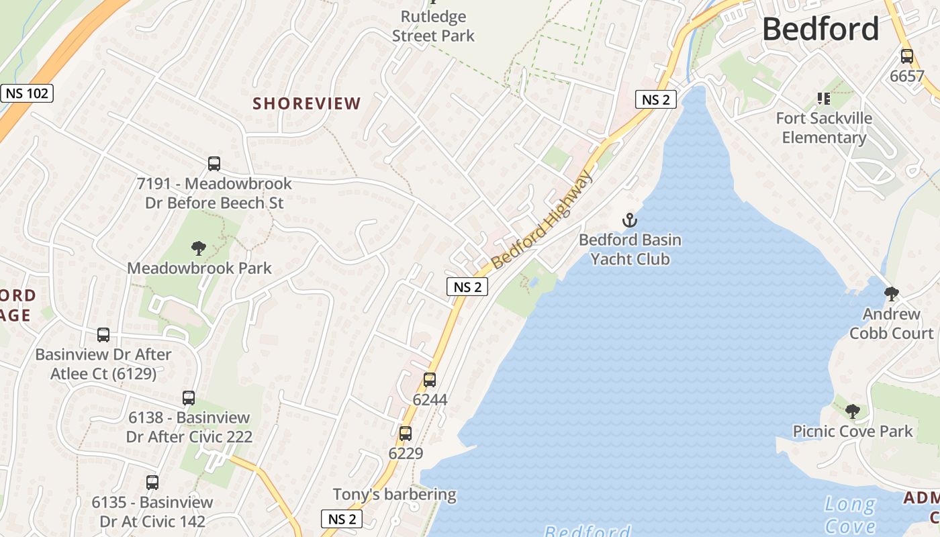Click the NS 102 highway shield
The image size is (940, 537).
[x=27, y=93]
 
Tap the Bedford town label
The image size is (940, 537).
[x=820, y=29]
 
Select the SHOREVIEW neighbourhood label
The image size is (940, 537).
[x=307, y=103]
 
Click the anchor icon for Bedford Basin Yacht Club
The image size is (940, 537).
[x=629, y=219]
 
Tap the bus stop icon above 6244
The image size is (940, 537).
[x=430, y=380]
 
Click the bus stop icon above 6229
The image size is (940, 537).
[x=406, y=434]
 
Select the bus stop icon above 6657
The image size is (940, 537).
[x=907, y=56]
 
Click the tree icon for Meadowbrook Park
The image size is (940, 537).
[x=198, y=248]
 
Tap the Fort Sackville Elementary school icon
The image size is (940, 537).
[x=824, y=99]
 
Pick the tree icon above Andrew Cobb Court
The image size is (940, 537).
[x=892, y=293]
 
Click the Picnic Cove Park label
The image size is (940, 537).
[x=853, y=431]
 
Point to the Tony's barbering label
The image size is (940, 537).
[x=395, y=495]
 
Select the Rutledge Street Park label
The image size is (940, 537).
[x=433, y=26]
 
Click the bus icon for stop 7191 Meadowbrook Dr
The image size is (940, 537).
[x=214, y=163]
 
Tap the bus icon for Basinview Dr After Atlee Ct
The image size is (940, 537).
[x=103, y=334]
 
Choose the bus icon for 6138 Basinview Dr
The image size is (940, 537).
[x=189, y=397]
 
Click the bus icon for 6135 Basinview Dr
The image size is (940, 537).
[x=152, y=482]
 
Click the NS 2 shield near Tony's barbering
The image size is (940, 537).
[x=342, y=519]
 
